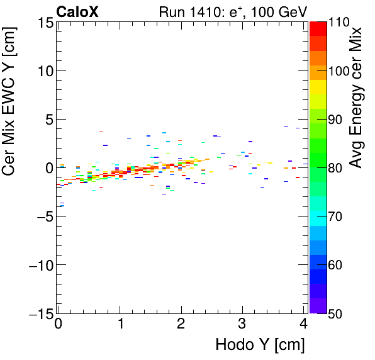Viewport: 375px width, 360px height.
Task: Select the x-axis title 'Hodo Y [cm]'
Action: click(260, 345)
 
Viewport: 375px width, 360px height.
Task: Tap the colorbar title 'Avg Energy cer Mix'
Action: click(357, 98)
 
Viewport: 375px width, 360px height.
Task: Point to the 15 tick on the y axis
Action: click(45, 22)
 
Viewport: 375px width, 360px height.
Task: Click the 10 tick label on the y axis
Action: click(45, 70)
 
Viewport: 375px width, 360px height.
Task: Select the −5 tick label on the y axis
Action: click(43, 216)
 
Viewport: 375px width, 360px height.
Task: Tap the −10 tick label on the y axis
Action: click(39, 264)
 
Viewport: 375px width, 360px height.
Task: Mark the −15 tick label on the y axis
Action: click(39, 313)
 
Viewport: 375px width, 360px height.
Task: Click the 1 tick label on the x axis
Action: click(120, 325)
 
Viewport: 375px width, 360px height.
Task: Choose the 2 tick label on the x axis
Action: click(181, 325)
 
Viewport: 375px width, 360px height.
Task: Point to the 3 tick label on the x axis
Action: click(242, 325)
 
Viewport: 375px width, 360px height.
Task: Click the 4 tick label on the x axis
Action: click(304, 325)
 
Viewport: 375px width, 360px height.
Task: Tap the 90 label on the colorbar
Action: click(337, 119)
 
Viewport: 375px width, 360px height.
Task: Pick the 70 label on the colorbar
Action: click(337, 216)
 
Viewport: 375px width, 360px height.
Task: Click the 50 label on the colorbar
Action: click(337, 313)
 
